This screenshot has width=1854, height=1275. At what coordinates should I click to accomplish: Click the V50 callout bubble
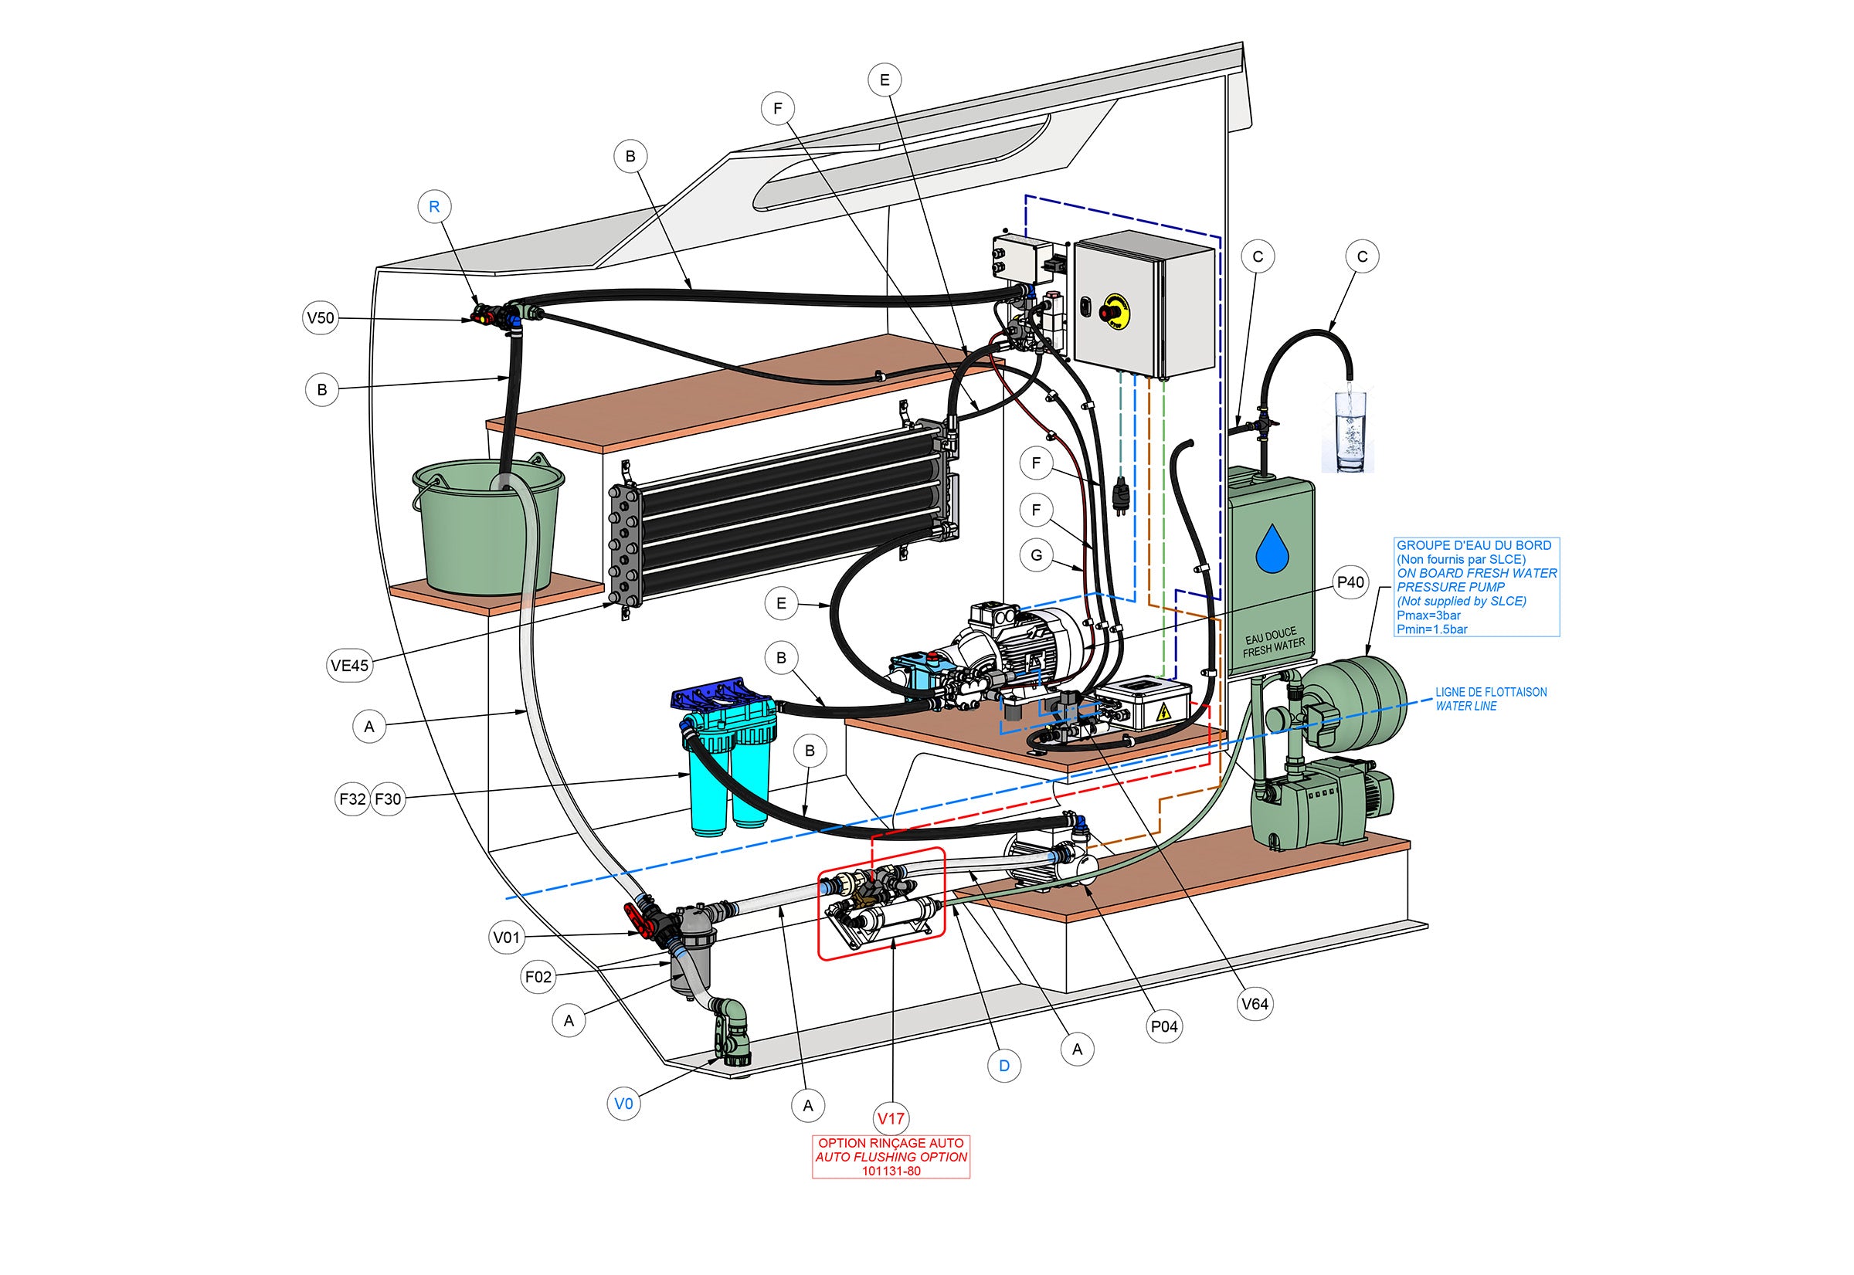(321, 318)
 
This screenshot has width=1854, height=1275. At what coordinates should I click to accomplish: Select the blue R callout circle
(434, 207)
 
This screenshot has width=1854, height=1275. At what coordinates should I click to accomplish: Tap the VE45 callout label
(350, 666)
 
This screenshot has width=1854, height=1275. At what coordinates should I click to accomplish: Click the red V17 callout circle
(890, 1119)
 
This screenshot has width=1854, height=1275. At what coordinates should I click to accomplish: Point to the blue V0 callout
(623, 1104)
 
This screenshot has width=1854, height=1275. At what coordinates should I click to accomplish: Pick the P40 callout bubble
(1350, 582)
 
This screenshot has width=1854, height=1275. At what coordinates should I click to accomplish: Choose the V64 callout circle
(1255, 1004)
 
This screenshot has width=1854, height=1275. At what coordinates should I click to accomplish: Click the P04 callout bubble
(1163, 1026)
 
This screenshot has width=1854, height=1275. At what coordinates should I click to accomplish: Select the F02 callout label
(538, 976)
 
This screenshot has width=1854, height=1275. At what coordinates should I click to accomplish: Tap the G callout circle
(1037, 555)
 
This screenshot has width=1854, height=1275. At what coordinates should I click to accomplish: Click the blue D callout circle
(1004, 1066)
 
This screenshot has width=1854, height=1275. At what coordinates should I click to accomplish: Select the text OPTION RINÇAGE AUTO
(890, 1143)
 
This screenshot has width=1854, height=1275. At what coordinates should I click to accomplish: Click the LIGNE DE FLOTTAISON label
(1490, 692)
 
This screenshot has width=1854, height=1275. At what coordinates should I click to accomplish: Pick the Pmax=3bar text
(1428, 615)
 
